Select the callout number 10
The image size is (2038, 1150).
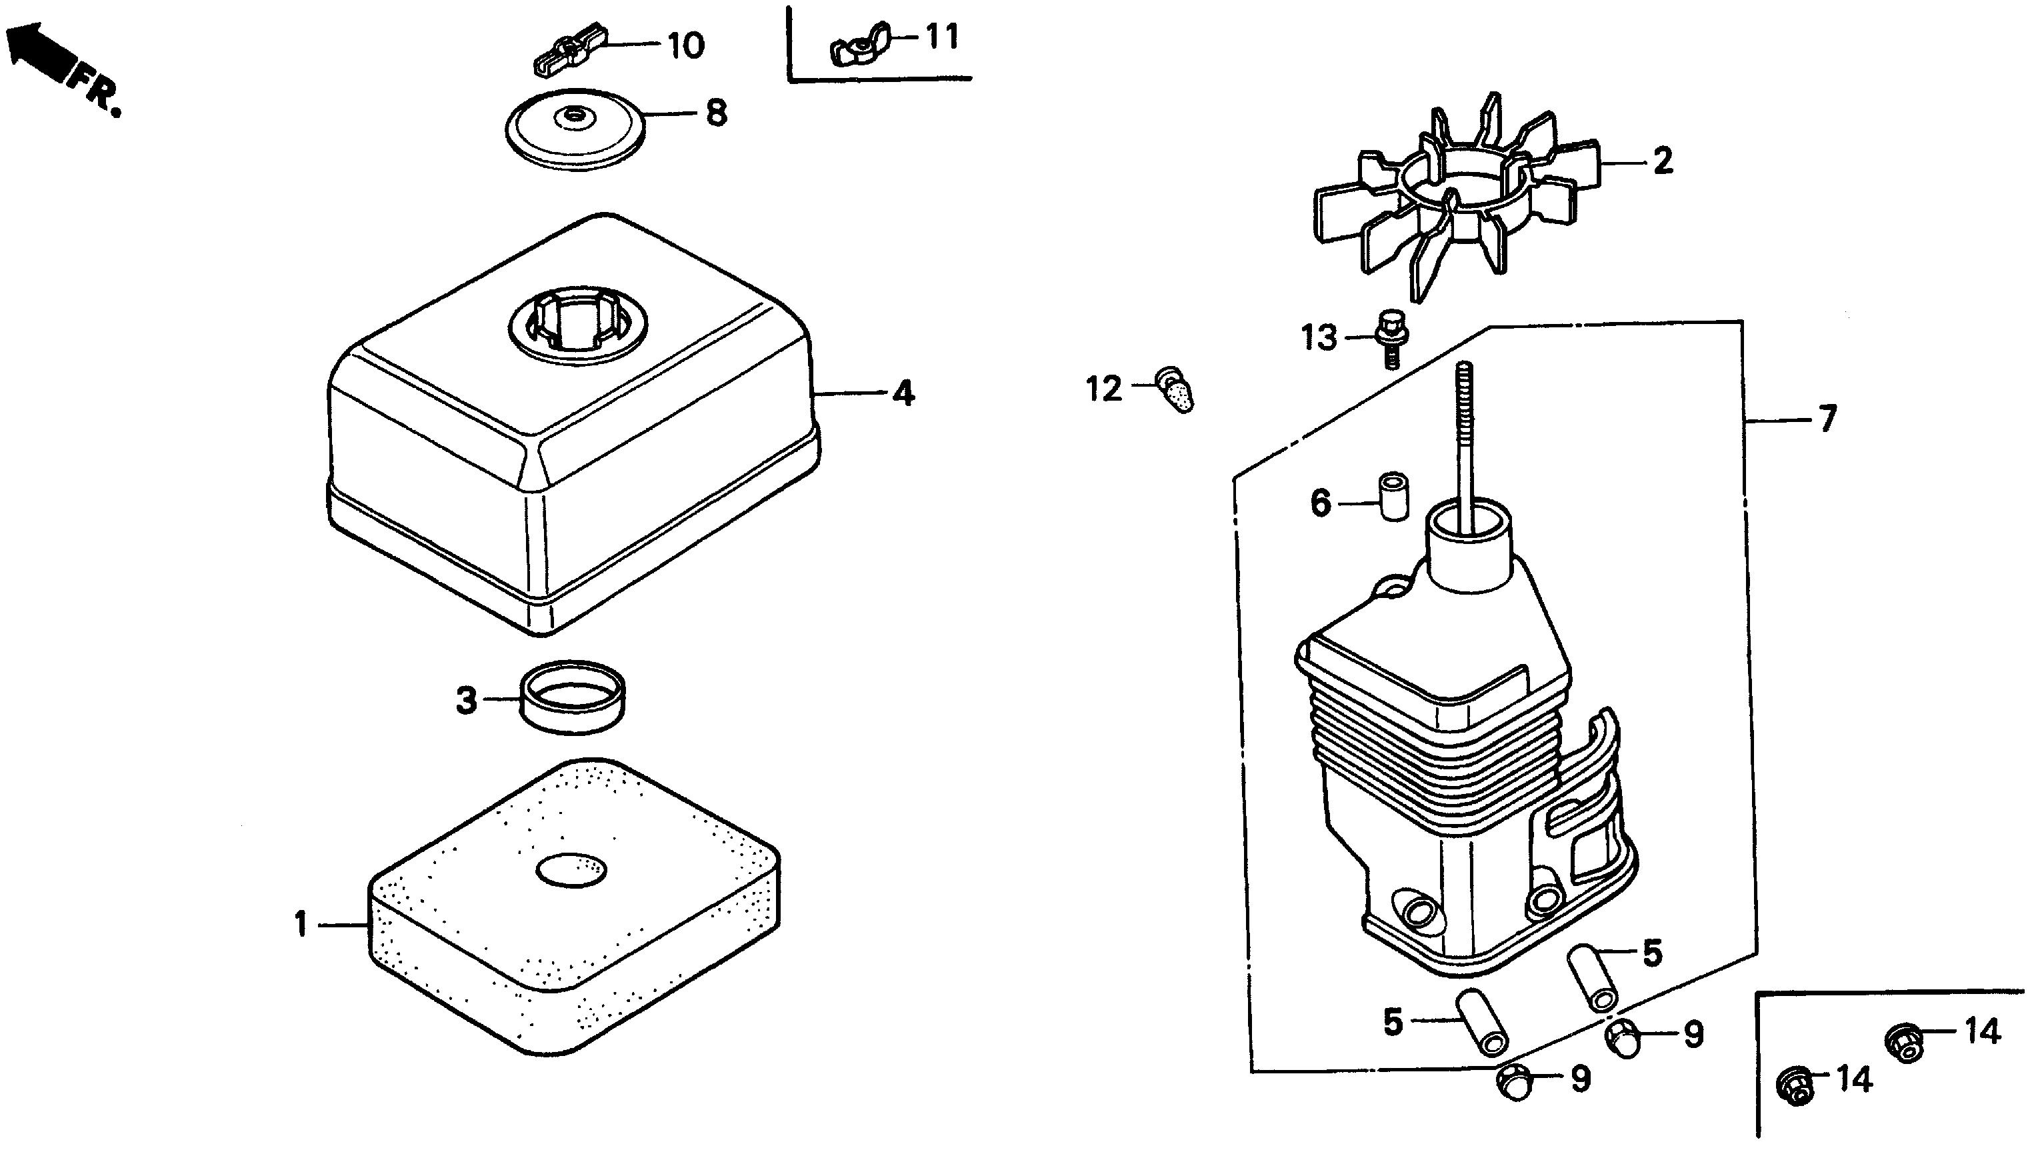[x=685, y=46]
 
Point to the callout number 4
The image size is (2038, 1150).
[x=903, y=393]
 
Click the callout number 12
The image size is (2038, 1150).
[x=1105, y=390]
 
